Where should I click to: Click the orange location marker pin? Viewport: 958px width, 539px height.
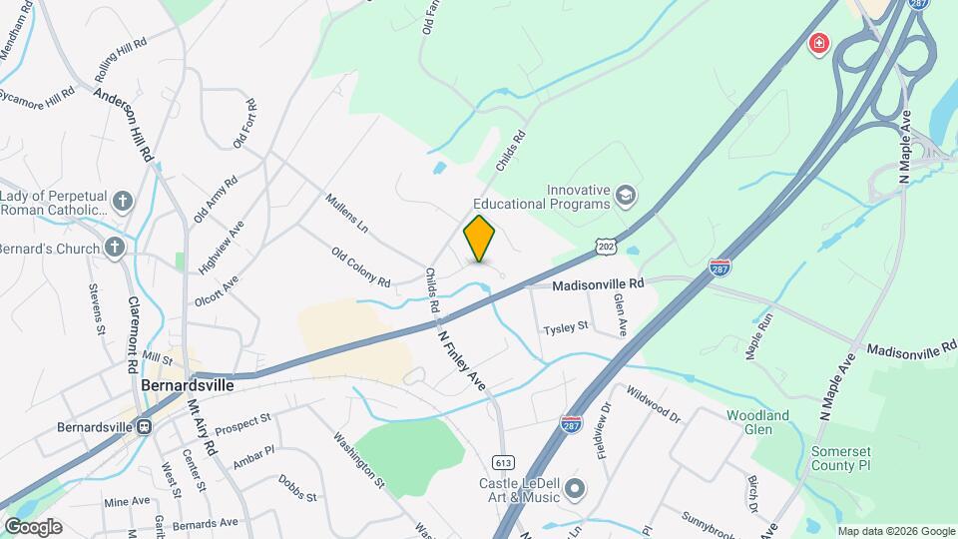(479, 239)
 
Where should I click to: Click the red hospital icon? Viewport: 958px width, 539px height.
(819, 44)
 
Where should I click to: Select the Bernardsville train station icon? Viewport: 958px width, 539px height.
(145, 427)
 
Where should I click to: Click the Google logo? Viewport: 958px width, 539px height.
(32, 527)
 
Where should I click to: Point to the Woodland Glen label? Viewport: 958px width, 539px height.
(757, 422)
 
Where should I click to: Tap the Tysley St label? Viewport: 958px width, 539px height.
(566, 326)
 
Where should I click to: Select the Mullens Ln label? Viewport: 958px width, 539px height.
(347, 214)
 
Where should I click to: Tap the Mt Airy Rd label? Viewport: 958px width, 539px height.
(203, 427)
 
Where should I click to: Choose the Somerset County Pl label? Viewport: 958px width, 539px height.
(841, 458)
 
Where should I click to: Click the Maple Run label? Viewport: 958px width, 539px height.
(758, 336)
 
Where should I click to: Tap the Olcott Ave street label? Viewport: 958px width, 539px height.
(217, 285)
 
